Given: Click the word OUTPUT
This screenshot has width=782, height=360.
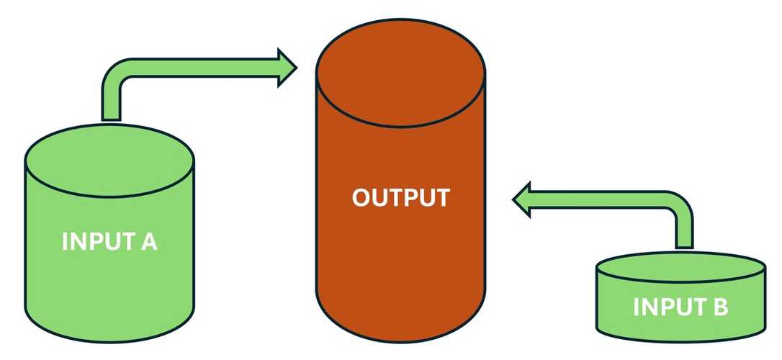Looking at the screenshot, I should pyautogui.click(x=400, y=197).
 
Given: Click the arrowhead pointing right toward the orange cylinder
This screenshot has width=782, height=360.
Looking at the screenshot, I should pyautogui.click(x=287, y=68).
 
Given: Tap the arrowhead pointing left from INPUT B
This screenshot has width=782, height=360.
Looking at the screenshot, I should pyautogui.click(x=522, y=199).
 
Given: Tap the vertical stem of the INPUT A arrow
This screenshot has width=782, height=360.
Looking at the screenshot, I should pyautogui.click(x=111, y=104).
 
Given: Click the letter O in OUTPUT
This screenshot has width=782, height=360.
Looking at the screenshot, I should pyautogui.click(x=361, y=197).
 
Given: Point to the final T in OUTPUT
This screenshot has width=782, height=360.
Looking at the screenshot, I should pyautogui.click(x=441, y=197).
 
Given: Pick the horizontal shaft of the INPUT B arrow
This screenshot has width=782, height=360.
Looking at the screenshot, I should pyautogui.click(x=598, y=199).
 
